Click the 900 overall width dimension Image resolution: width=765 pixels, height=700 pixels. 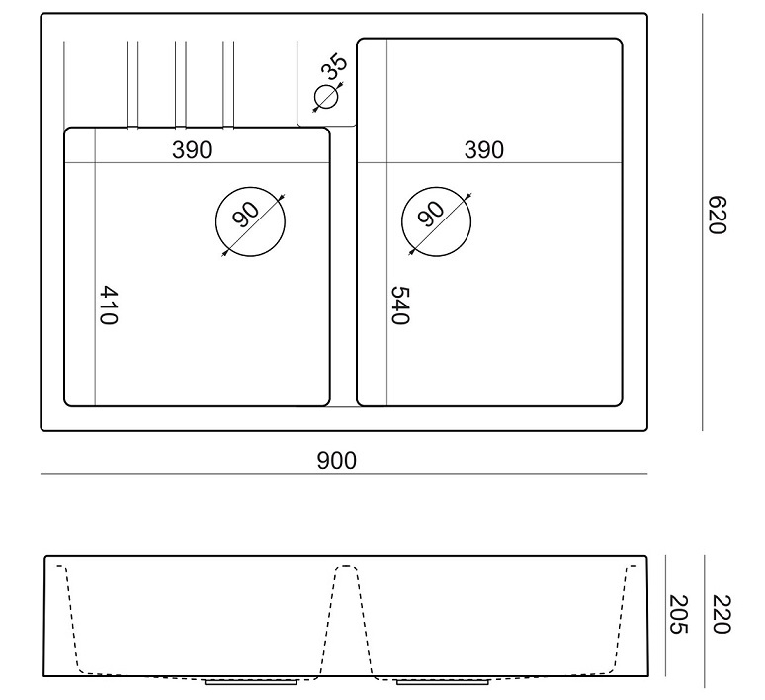click(337, 461)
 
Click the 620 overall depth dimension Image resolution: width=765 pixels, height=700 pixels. click(717, 216)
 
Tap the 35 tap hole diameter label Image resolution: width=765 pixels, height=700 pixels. click(334, 66)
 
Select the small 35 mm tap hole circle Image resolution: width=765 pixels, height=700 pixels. click(326, 97)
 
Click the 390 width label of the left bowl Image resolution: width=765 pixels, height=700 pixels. click(192, 150)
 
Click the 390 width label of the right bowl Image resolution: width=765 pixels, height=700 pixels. click(484, 150)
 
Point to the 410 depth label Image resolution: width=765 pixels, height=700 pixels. click(109, 306)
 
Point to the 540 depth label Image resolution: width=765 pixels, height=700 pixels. click(400, 306)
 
